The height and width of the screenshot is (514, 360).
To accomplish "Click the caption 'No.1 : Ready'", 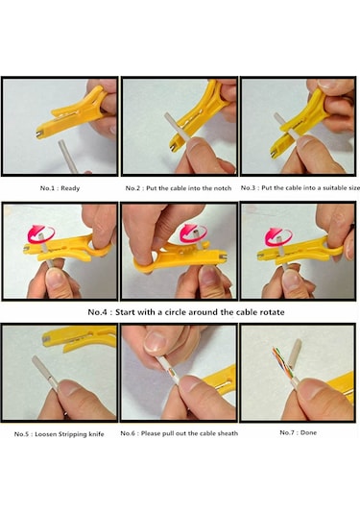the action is tap(60, 188).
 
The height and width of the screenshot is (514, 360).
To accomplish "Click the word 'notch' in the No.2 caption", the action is tap(223, 188).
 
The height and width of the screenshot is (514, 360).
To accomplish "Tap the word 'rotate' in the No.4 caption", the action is tap(272, 312).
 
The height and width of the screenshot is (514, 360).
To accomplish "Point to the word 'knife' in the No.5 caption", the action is tap(96, 434).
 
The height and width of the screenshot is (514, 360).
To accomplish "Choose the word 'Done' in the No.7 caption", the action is tap(308, 432).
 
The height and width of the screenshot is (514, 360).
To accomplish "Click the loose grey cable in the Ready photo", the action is tap(68, 156).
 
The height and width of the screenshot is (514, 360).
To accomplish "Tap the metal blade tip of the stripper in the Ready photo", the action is tap(39, 135).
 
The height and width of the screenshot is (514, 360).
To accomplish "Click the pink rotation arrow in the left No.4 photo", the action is tap(41, 233).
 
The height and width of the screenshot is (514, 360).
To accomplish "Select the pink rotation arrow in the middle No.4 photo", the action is tap(193, 233).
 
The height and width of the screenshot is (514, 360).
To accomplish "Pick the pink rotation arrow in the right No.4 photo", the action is tap(278, 236).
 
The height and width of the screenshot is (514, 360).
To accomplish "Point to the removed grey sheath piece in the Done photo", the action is tap(295, 354).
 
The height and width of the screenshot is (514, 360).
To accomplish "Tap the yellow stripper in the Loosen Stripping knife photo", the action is tap(80, 338).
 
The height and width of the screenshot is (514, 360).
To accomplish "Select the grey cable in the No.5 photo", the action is tap(45, 373).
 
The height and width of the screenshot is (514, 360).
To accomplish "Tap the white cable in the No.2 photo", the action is tap(177, 126).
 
